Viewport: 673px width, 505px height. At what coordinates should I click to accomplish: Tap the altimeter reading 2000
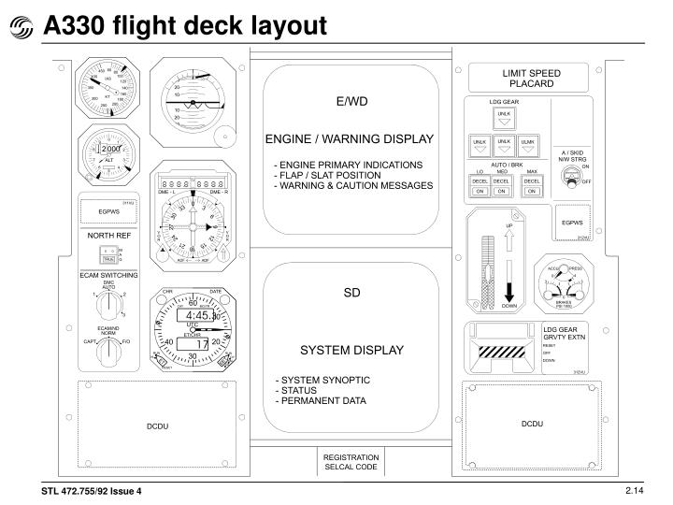[112, 151]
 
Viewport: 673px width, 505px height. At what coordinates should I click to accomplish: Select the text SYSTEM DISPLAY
[351, 351]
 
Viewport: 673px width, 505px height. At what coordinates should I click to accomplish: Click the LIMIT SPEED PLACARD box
[532, 79]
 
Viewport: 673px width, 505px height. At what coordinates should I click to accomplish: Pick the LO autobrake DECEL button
[479, 181]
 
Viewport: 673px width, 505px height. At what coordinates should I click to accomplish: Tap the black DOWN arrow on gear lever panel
[509, 281]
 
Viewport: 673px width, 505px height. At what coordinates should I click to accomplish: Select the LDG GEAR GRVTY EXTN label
[567, 332]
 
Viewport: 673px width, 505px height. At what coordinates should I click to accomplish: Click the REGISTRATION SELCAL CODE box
[351, 462]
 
